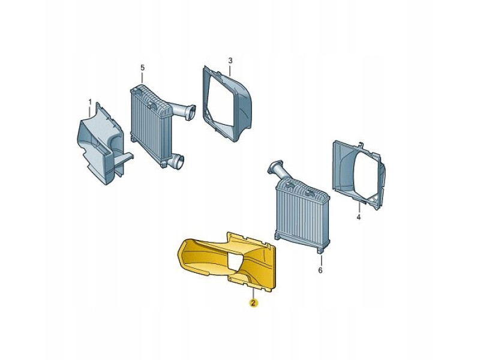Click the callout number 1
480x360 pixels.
tap(89, 101)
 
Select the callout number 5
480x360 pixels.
tap(142, 67)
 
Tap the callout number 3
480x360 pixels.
tap(230, 61)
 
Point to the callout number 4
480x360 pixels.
tap(358, 217)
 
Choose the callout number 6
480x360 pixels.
tap(320, 271)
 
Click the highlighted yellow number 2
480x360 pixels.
tap(253, 303)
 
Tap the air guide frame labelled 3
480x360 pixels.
tap(227, 104)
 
